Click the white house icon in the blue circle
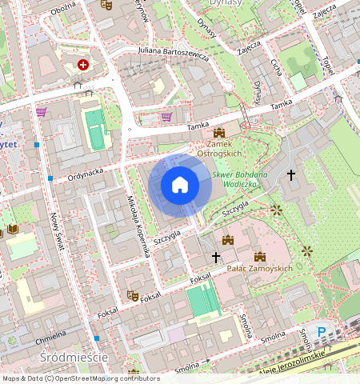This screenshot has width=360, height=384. click(x=180, y=186)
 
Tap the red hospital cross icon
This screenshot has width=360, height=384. click(x=82, y=65)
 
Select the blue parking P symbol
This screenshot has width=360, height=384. click(x=322, y=332)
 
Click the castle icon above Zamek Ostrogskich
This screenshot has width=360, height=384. click(x=219, y=133)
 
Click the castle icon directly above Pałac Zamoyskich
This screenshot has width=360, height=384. click(x=259, y=257)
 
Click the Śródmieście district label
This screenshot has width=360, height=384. click(x=73, y=357)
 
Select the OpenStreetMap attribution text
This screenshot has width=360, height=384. click(x=69, y=378)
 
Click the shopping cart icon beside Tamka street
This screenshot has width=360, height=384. click(x=166, y=117)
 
